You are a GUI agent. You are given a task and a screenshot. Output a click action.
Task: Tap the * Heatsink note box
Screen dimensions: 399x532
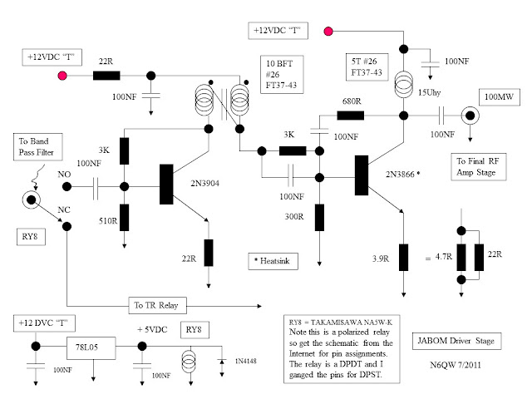click(275, 259)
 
